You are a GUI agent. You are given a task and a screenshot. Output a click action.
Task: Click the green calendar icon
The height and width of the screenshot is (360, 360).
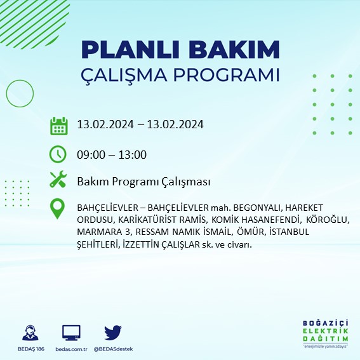tap(58, 126)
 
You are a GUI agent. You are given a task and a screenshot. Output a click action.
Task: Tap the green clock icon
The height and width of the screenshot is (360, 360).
tap(58, 154)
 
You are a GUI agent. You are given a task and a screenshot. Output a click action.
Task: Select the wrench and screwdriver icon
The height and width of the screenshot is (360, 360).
tap(58, 181)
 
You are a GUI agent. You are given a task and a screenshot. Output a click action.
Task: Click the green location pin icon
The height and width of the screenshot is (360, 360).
tap(58, 209)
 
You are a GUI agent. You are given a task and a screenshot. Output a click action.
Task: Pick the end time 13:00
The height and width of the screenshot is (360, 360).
tap(133, 154)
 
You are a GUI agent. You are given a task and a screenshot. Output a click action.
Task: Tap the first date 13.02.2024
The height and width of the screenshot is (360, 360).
tap(102, 124)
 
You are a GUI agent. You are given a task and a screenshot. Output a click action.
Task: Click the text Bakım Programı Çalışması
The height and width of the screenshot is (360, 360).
tap(143, 182)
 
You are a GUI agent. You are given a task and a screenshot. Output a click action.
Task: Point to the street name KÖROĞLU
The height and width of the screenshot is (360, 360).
tap(328, 220)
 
